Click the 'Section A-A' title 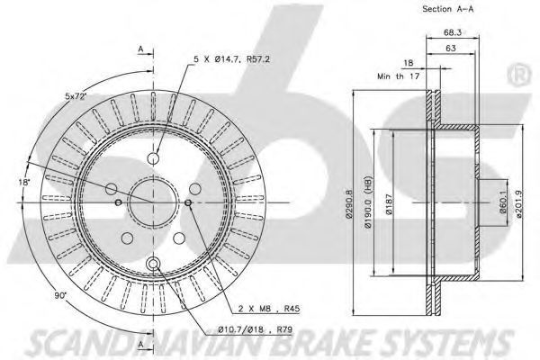[x=447, y=9]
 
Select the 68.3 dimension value [x=452, y=32]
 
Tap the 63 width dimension [x=451, y=49]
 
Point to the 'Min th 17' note [x=399, y=76]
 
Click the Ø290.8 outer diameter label [x=349, y=204]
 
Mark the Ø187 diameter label [x=389, y=204]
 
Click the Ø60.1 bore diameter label [x=503, y=202]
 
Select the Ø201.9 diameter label [x=519, y=203]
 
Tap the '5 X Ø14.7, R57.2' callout [x=232, y=59]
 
